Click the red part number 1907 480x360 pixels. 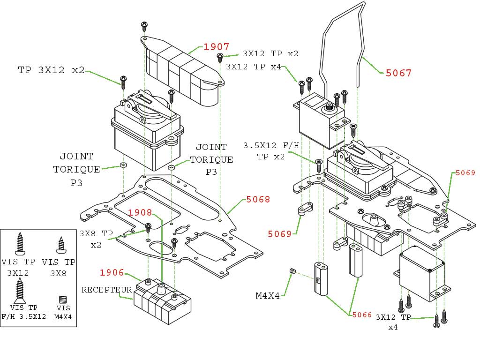pos(216,47)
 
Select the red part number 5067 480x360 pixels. pos(398,73)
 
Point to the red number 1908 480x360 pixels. pos(140,213)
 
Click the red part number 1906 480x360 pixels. pos(112,273)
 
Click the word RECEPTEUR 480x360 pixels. pos(107,290)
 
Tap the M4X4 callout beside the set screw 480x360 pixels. pos(269,296)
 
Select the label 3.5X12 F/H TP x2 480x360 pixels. pos(271,151)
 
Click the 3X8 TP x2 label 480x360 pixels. pos(96,239)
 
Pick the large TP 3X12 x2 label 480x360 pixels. pos(52,70)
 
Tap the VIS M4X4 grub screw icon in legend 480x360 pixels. pos(63,299)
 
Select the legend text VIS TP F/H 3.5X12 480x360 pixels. pos(24,312)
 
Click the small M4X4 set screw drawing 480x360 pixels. pos(292,271)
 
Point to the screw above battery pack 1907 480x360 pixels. pos(145,26)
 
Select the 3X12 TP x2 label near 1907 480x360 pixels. pos(270,53)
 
